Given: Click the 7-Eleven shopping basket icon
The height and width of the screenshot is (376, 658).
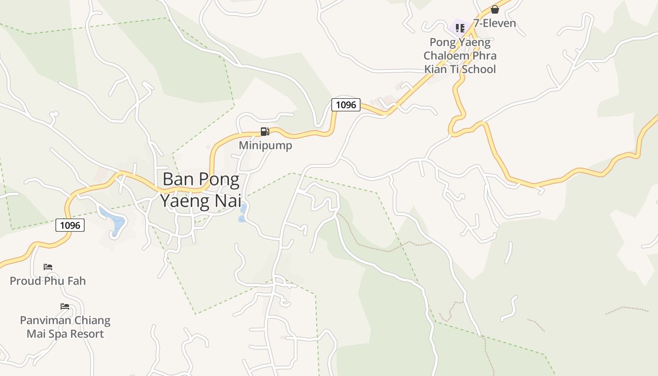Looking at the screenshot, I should click(x=494, y=9).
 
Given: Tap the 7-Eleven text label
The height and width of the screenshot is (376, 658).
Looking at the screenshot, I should click(x=494, y=23).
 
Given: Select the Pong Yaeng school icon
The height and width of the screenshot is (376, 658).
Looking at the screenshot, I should click(x=460, y=28).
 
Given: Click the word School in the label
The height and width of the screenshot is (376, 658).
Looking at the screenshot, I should click(x=478, y=69).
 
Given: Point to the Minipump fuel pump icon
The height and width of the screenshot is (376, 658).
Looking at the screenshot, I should click(x=265, y=132).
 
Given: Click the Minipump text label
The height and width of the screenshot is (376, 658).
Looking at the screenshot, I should click(x=265, y=145).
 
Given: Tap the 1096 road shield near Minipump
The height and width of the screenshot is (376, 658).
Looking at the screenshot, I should click(x=346, y=104).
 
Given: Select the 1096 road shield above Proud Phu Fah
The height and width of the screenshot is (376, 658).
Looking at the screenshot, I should click(x=70, y=225).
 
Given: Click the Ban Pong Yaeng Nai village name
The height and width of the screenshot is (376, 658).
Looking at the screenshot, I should click(x=201, y=190).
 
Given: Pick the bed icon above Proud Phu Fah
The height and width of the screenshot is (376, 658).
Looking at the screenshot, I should click(x=48, y=267).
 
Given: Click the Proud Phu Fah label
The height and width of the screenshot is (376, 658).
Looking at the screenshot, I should click(x=48, y=281).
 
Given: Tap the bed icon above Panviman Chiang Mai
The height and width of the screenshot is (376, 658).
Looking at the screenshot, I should click(x=65, y=306).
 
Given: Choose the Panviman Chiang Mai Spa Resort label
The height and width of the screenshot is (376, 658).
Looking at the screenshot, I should click(x=65, y=327).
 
